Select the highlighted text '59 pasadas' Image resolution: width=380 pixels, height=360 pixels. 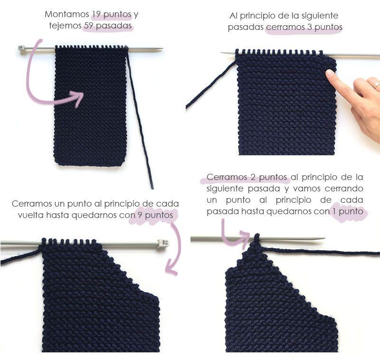coord(108,26)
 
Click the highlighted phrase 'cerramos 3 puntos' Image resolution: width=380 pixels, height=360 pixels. coord(304,27)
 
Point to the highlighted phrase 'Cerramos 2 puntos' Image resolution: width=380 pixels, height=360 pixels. coord(247,177)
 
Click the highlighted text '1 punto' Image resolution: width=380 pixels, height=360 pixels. coord(349,211)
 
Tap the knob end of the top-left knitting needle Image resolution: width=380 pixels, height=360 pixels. coord(21,48)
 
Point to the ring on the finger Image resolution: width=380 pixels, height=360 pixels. coord(376,85)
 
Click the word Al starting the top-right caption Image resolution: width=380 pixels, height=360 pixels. coord(234,16)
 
